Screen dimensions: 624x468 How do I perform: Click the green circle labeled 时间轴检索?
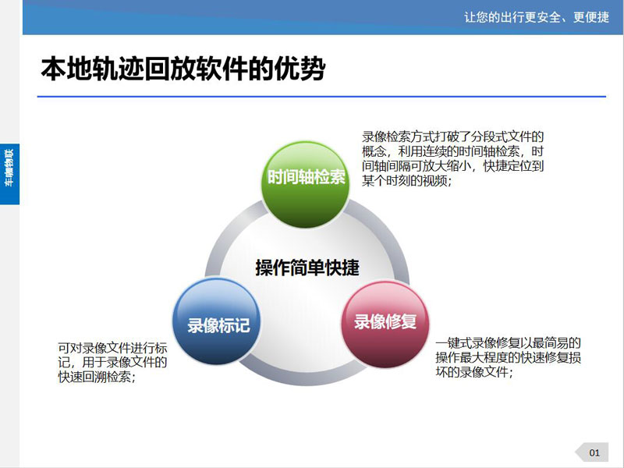pos(306,184)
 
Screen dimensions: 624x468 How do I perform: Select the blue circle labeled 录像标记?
pos(217,321)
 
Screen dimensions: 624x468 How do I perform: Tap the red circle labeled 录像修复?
pos(385,324)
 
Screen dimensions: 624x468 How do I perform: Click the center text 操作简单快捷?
pos(307,268)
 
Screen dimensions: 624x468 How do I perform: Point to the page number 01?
pos(594,452)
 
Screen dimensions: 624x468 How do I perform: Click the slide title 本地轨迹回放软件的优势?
pos(183,69)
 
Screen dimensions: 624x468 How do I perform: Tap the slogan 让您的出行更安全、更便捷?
pos(537,17)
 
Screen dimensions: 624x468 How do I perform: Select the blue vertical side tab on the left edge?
pos(9,174)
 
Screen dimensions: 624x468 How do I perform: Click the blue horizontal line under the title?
pos(321,96)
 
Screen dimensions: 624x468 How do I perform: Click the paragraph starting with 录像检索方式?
pos(453,159)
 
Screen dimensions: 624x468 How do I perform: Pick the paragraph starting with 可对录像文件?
pos(112,363)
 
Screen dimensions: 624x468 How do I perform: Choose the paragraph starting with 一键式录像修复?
pos(509,357)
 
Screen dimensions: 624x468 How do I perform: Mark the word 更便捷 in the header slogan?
pos(591,17)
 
